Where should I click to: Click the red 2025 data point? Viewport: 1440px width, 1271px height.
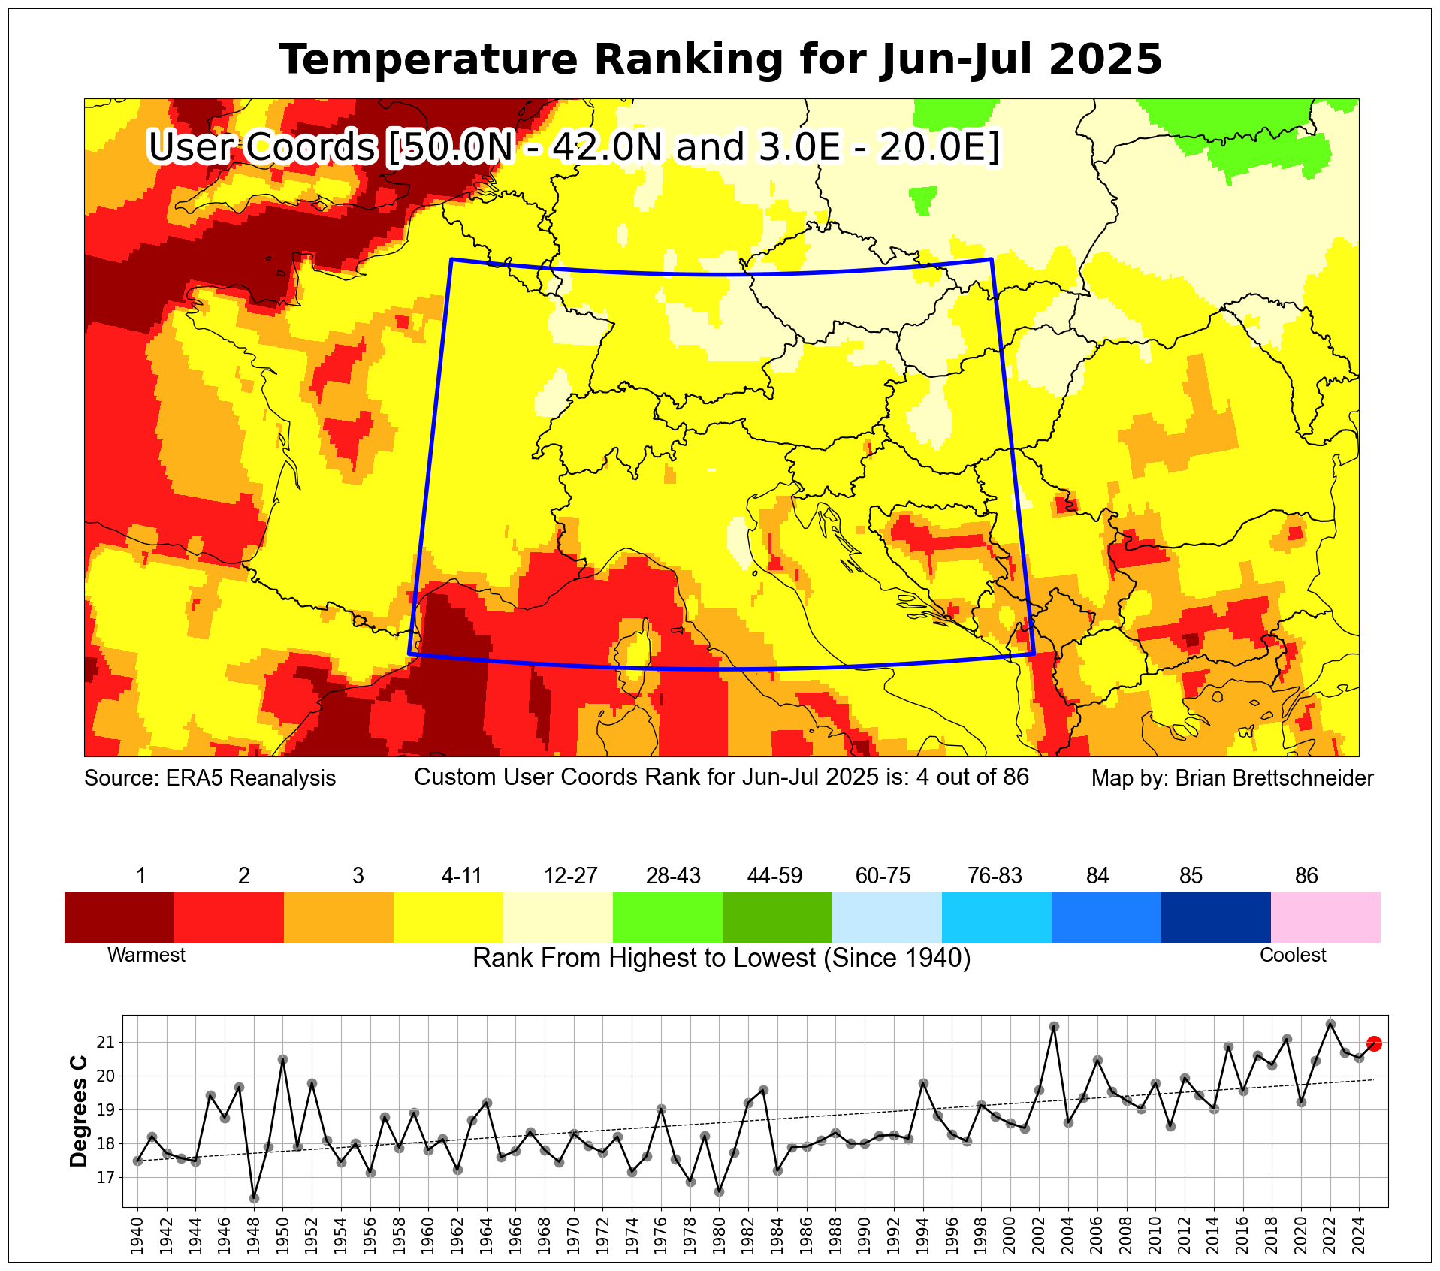tap(1374, 1043)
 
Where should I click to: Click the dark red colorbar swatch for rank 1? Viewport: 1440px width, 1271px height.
tap(119, 917)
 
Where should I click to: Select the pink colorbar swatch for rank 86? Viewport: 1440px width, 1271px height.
tap(1325, 917)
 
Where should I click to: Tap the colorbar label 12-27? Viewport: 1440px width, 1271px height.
tap(570, 876)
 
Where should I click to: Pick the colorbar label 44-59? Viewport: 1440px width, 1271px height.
tap(774, 876)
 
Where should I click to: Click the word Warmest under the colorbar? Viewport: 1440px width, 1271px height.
tap(146, 955)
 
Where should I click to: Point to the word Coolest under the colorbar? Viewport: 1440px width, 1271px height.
tap(1293, 955)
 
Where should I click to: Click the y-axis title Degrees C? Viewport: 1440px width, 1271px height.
tap(79, 1112)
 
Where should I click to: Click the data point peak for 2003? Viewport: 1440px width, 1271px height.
tap(1054, 1026)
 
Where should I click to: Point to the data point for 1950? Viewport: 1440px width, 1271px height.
tap(282, 1060)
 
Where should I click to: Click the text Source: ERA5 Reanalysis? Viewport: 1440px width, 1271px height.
tap(210, 778)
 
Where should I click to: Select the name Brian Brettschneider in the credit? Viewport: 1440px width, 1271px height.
tap(1274, 778)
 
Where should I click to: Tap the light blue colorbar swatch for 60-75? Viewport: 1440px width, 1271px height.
tap(886, 917)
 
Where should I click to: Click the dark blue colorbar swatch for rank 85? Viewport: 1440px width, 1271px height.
tap(1215, 917)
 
